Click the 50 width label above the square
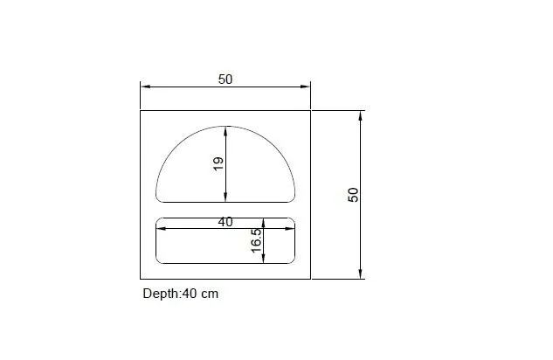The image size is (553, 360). coord(225,80)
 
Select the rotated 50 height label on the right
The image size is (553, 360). coord(353,195)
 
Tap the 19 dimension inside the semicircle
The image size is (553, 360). coord(218,163)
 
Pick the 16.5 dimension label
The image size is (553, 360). coord(256,241)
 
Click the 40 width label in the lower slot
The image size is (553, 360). coord(225,222)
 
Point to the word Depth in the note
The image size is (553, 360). coord(161,294)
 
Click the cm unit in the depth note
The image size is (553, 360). coord(210,294)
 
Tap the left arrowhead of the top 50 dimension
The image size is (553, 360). coord(145,87)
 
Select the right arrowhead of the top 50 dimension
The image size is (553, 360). coord(306,87)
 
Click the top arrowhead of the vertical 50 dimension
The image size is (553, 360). coord(360,114)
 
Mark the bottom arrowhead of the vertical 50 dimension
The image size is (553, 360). coord(360,274)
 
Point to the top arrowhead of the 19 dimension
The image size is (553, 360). coord(226,130)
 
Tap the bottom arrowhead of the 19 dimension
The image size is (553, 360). coord(226,197)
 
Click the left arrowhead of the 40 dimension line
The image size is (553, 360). coord(161,229)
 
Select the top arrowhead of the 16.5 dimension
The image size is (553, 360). coord(264,221)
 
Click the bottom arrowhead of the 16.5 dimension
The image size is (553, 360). coord(264,260)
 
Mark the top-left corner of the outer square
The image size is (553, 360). coord(141,110)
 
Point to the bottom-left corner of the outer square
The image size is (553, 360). coord(141,280)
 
